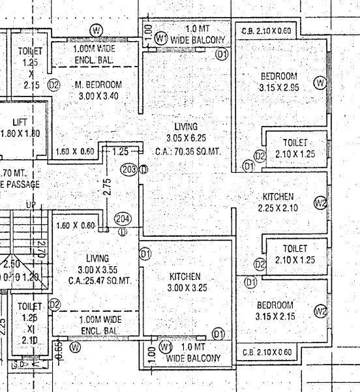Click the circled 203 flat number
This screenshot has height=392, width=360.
(129, 169)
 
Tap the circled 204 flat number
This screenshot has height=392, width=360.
(123, 219)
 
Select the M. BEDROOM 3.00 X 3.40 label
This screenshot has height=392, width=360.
(98, 90)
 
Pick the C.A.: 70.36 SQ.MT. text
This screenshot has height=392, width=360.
(188, 150)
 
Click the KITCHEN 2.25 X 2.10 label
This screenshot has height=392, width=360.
(278, 202)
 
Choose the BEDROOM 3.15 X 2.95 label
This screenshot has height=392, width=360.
(278, 82)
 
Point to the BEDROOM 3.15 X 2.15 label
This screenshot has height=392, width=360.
(275, 310)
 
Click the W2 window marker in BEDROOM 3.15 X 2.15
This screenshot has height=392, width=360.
(320, 311)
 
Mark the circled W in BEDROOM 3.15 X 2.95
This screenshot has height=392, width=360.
(319, 82)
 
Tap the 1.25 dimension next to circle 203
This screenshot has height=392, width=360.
(120, 151)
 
